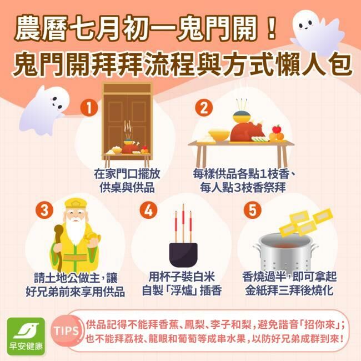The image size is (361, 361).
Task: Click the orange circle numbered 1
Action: click(x=89, y=108)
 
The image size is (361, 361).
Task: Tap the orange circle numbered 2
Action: click(x=204, y=108)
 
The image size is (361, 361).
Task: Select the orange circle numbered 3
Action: click(x=44, y=210)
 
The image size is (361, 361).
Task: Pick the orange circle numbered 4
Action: click(x=148, y=210)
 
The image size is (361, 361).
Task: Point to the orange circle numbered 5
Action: click(x=252, y=210)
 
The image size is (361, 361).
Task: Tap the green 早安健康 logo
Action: click(x=26, y=337)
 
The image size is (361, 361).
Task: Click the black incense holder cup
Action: click(x=183, y=254)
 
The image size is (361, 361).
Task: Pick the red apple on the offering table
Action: click(x=277, y=129)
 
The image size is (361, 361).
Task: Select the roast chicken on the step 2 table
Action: click(x=247, y=132)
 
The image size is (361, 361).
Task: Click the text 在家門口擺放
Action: click(x=127, y=174)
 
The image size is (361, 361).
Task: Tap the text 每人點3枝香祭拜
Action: click(x=243, y=188)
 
